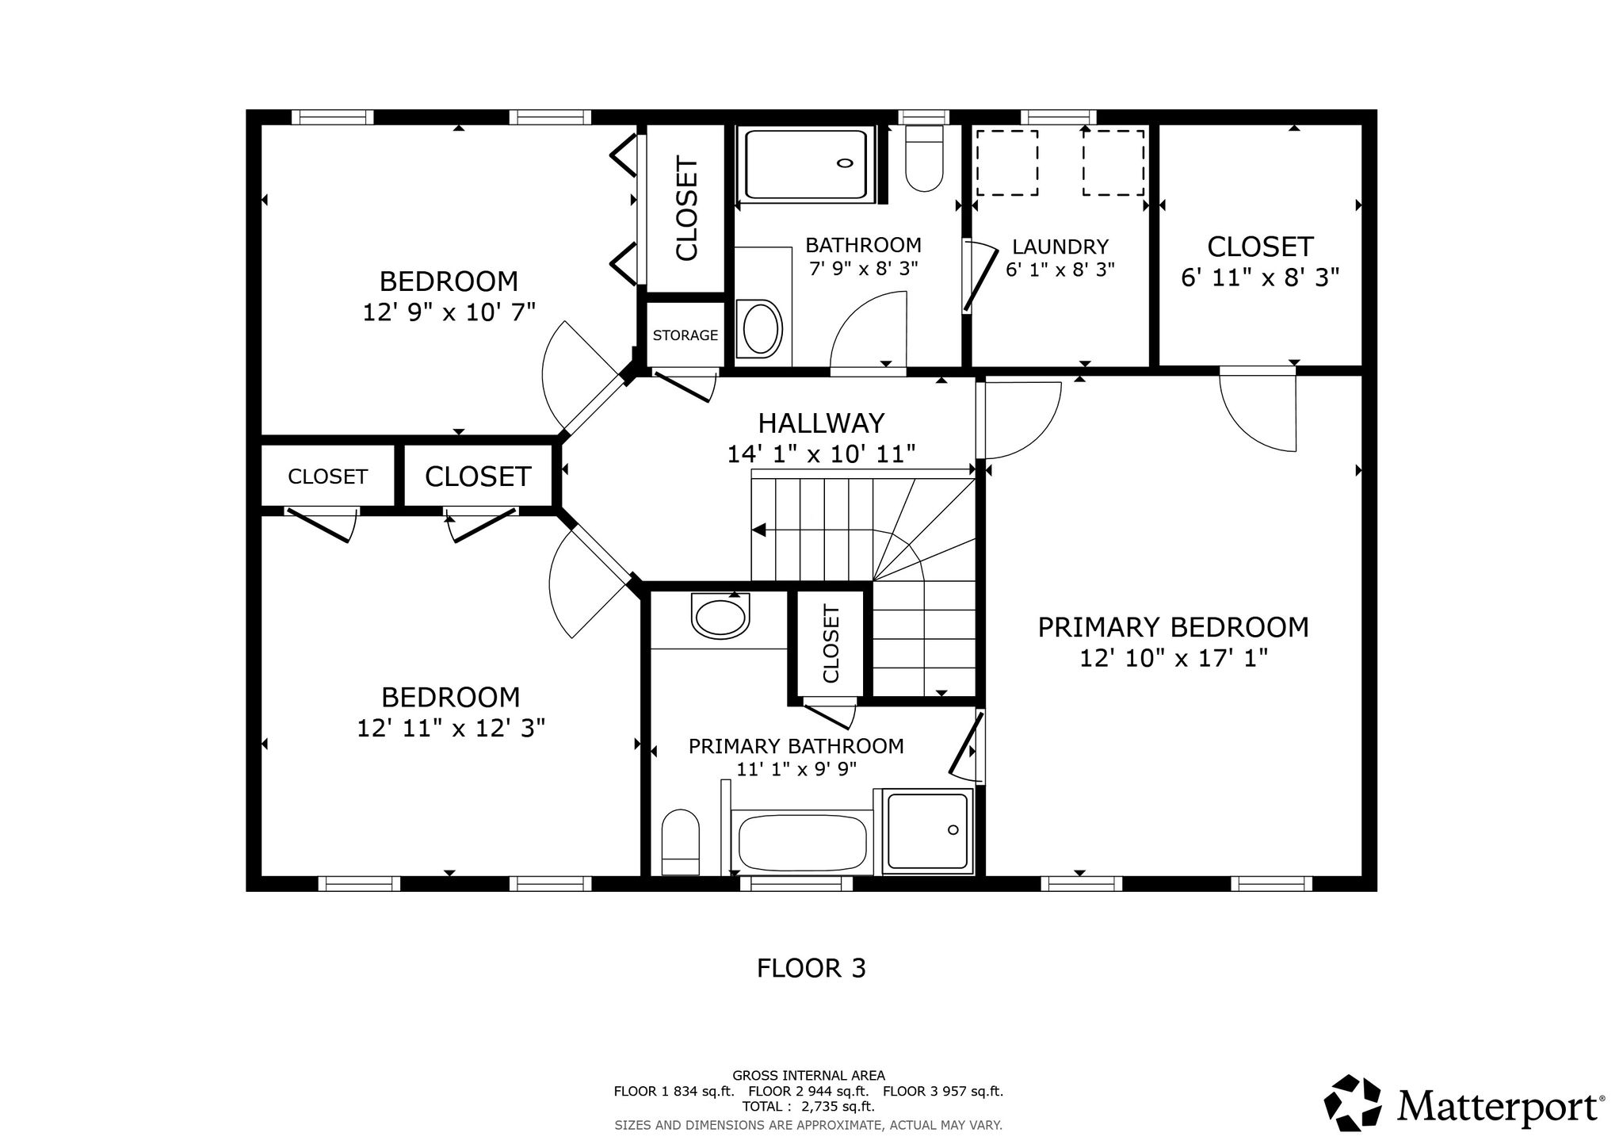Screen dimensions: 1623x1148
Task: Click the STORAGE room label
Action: [685, 335]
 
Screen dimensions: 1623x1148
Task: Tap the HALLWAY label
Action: [821, 423]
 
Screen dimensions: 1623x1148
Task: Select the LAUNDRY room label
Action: [1060, 247]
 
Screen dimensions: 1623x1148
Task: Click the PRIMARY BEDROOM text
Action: [1173, 627]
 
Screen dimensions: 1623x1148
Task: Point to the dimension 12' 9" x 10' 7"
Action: [449, 312]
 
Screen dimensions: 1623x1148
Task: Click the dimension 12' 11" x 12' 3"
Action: [451, 728]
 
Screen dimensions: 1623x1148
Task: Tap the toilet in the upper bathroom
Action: [923, 159]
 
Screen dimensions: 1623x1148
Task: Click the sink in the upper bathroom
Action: [759, 327]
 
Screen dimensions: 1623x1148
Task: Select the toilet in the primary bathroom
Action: [680, 842]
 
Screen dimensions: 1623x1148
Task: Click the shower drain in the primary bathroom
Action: [953, 830]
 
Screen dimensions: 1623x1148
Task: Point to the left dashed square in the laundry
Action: [1006, 163]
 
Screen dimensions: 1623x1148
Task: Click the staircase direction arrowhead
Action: [758, 530]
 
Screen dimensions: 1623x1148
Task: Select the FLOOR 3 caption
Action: [811, 968]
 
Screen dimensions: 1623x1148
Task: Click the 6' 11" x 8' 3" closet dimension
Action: [1260, 277]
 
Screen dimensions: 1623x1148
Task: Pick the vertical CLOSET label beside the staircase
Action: [831, 643]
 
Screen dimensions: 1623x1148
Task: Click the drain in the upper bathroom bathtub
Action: [846, 163]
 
